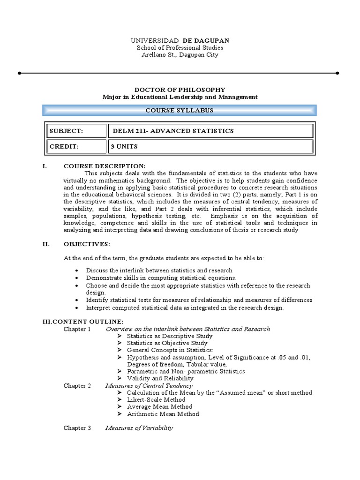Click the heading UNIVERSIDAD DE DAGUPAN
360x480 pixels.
(x=180, y=41)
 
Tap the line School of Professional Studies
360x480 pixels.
(x=180, y=48)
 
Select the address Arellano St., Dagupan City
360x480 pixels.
(x=180, y=55)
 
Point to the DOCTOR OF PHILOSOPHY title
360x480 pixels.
(x=180, y=90)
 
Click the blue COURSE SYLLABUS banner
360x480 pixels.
(x=180, y=111)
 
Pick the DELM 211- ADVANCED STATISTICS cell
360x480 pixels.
(x=210, y=131)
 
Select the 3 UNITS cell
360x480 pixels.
(x=210, y=146)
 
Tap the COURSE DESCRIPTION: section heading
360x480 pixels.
(x=105, y=166)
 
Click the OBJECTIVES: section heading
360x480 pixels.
(x=87, y=244)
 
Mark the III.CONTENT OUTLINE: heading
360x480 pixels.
(x=83, y=322)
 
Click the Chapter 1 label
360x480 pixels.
(x=77, y=329)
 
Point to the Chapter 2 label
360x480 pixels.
(x=77, y=386)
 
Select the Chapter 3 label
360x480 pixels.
(x=77, y=428)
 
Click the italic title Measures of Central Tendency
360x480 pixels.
(x=149, y=386)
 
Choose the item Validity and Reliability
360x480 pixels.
(x=160, y=378)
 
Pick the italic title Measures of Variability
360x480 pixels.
(x=139, y=428)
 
